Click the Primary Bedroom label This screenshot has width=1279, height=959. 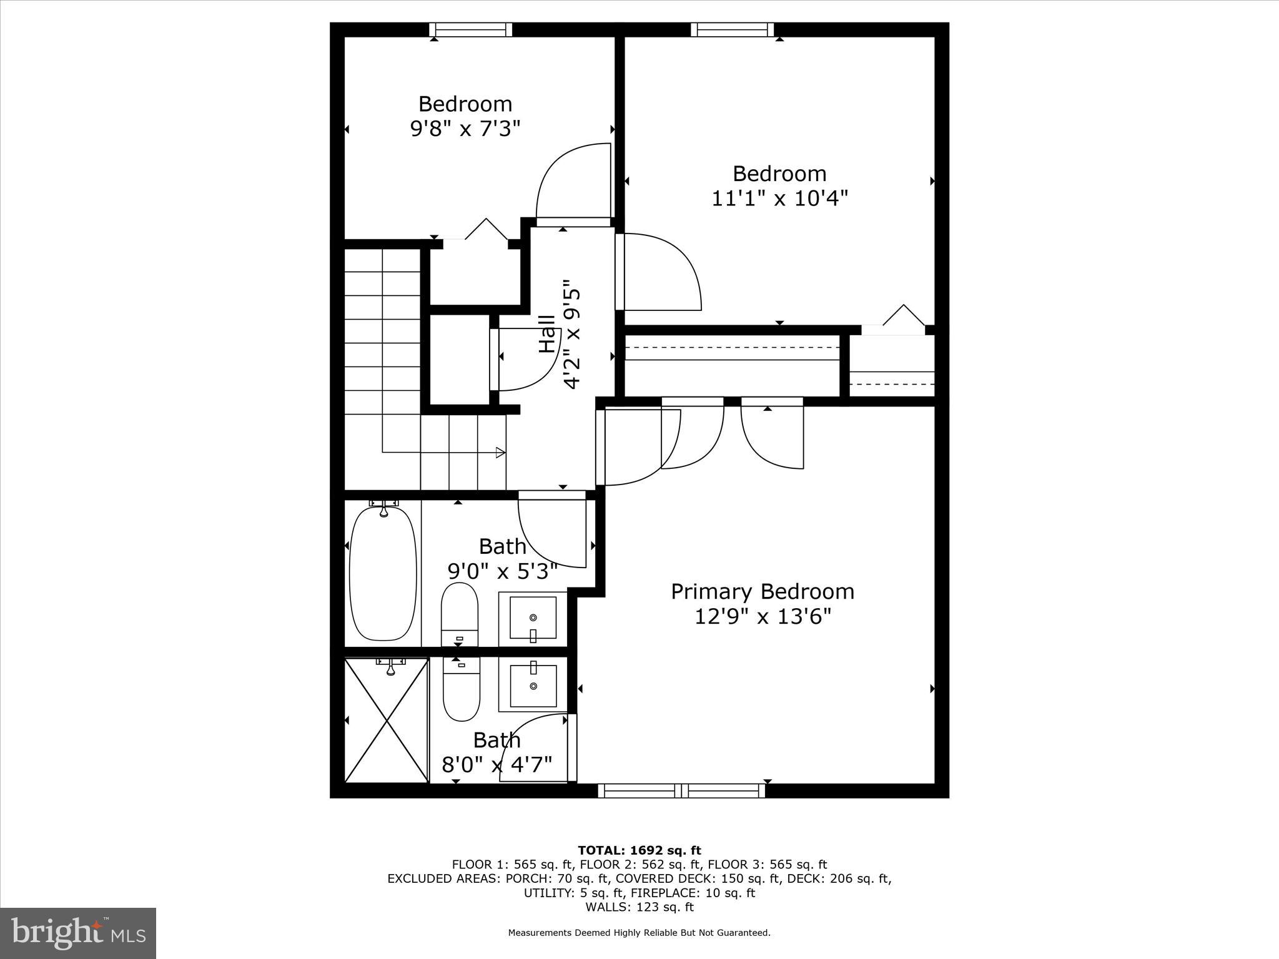[762, 591]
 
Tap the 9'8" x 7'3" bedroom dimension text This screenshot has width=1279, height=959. [465, 129]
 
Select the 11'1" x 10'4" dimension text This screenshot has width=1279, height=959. [779, 199]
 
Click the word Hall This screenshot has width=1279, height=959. [548, 335]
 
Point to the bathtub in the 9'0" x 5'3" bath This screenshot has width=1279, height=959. [383, 573]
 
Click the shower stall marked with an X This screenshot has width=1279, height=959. [387, 720]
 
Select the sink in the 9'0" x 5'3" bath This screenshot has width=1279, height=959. [533, 618]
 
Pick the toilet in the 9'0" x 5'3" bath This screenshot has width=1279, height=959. [460, 613]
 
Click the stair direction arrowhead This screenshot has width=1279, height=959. [500, 452]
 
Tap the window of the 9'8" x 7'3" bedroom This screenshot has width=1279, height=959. [471, 29]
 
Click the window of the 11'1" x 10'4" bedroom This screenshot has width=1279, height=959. [732, 29]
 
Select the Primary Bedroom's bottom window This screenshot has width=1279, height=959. [681, 791]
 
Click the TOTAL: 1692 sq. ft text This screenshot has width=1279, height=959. [639, 850]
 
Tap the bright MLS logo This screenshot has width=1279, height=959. [78, 933]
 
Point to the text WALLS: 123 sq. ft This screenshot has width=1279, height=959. [639, 907]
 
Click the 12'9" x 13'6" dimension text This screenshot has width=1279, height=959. [763, 617]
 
